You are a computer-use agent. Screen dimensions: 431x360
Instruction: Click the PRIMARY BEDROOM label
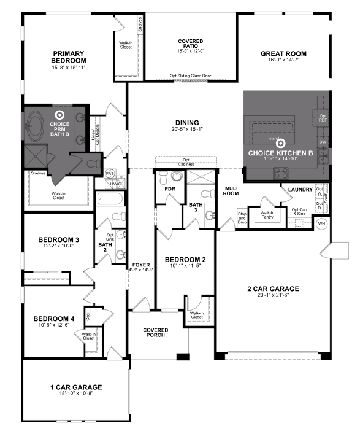tap(69, 57)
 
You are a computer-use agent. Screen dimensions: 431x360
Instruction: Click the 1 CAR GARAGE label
tap(76, 387)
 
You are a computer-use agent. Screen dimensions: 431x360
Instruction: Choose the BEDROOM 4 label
tap(53, 319)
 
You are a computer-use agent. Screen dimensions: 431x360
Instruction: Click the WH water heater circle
tap(321, 223)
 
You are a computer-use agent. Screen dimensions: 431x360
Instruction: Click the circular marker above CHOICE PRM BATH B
tap(59, 114)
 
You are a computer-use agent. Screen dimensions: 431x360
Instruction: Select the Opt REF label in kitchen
tap(323, 116)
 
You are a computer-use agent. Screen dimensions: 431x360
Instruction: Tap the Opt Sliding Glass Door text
tap(191, 76)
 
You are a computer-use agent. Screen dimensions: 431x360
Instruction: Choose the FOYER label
tap(138, 265)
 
